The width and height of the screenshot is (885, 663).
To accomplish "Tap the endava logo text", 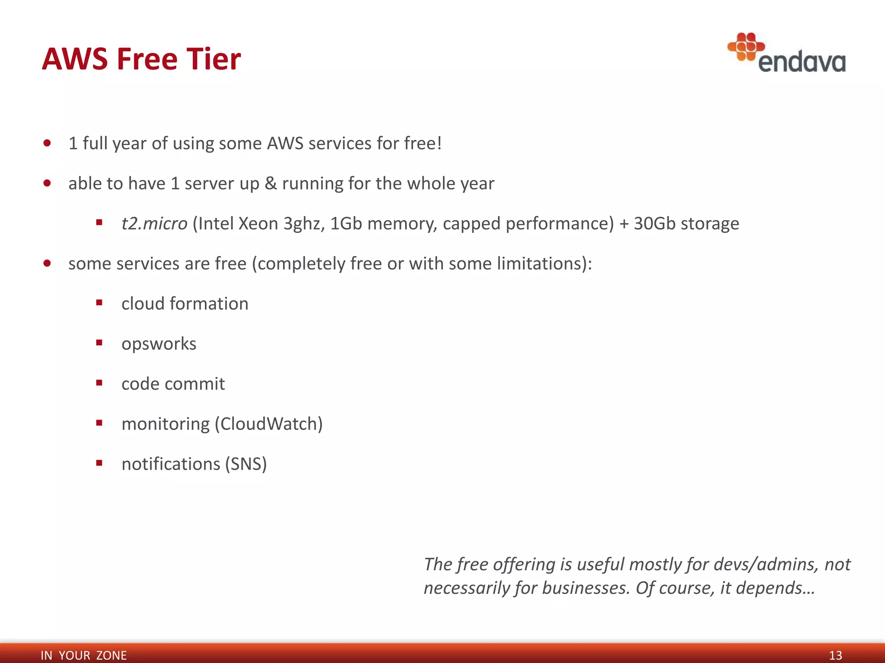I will [x=802, y=62].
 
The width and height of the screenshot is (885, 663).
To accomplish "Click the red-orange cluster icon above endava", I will [x=746, y=46].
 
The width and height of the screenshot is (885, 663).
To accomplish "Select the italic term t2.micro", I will [x=154, y=224].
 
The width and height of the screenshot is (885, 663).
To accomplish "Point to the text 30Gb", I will [x=654, y=224].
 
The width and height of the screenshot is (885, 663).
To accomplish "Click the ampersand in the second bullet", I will [x=271, y=183].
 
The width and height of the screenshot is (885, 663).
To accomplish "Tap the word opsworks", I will [x=159, y=344].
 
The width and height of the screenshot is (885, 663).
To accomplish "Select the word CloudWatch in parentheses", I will [x=269, y=424].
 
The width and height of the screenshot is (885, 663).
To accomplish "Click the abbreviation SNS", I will [x=246, y=464].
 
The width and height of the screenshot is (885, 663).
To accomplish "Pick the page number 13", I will [x=835, y=655].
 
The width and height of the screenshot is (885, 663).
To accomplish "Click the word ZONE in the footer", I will [x=111, y=655].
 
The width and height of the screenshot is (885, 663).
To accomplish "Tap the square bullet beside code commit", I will [x=99, y=383].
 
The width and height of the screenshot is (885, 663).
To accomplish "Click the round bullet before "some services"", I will [x=47, y=263].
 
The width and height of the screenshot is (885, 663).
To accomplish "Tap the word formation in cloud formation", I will [x=209, y=304].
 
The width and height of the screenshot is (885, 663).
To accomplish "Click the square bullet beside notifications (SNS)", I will [x=99, y=463].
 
